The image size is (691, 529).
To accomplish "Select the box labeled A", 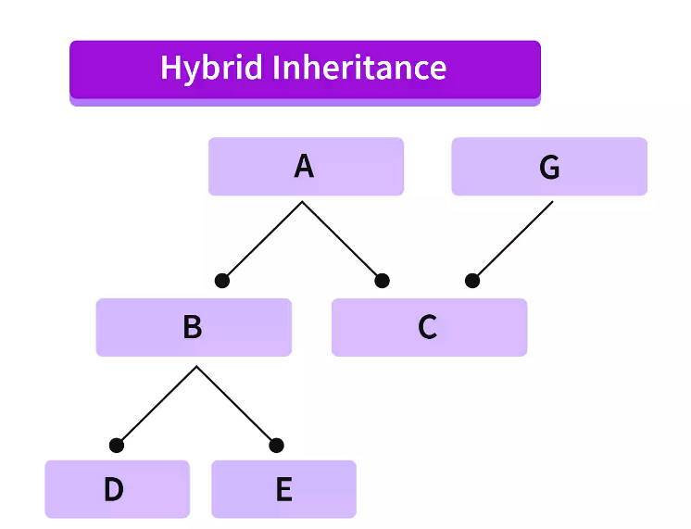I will pyautogui.click(x=306, y=167).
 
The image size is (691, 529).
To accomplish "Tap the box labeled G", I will pyautogui.click(x=549, y=167).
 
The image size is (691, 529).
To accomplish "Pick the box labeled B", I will pyautogui.click(x=194, y=327).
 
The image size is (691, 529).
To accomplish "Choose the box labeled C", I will pyautogui.click(x=429, y=327).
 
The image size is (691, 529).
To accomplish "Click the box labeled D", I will pyautogui.click(x=117, y=489).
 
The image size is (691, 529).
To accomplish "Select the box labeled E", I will pyautogui.click(x=283, y=489).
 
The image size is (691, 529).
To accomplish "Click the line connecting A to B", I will pyautogui.click(x=262, y=241).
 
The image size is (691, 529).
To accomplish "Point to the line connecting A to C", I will pyautogui.click(x=342, y=241).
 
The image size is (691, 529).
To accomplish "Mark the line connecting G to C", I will pyautogui.click(x=512, y=241).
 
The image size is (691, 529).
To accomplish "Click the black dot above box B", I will pyautogui.click(x=221, y=281).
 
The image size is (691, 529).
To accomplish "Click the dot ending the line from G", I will pyautogui.click(x=472, y=281).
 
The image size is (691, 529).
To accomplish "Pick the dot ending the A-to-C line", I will pyautogui.click(x=382, y=281).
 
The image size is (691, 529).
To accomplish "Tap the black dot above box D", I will pyautogui.click(x=116, y=446).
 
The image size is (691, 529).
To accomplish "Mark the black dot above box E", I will pyautogui.click(x=276, y=446).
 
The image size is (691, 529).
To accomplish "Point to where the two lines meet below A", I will pyautogui.click(x=302, y=202).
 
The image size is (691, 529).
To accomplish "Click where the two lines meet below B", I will pyautogui.click(x=196, y=367).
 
